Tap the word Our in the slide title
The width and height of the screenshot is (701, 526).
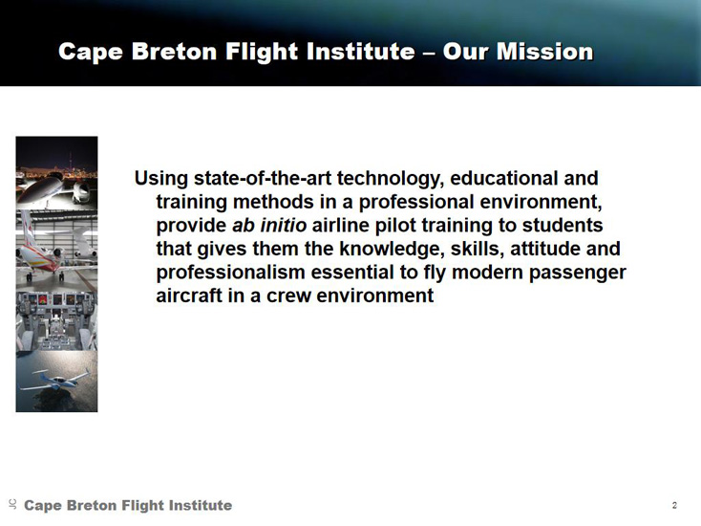(x=465, y=52)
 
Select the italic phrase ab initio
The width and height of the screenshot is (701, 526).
(x=269, y=225)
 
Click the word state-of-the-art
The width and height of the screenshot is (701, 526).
(x=263, y=178)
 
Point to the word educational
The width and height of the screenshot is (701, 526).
(x=502, y=178)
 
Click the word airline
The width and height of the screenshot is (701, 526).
(x=341, y=225)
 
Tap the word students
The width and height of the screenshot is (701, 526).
(x=563, y=225)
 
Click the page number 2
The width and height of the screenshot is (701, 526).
(x=674, y=505)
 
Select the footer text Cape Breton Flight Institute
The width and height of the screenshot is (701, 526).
(x=128, y=505)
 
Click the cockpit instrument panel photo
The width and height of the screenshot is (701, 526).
(x=56, y=321)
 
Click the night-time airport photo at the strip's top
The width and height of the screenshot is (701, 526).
(x=56, y=173)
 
